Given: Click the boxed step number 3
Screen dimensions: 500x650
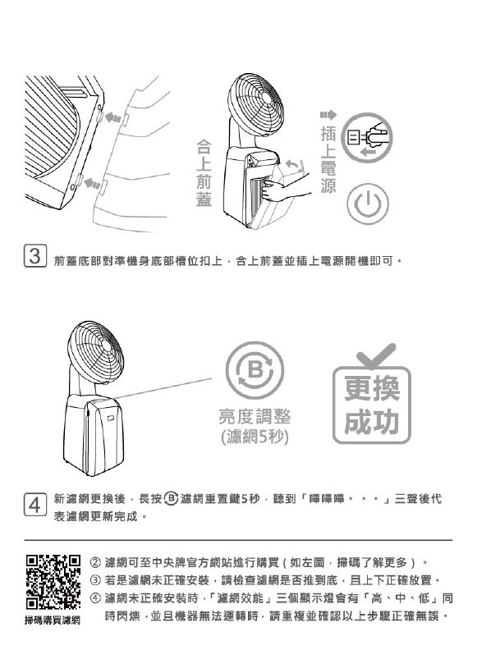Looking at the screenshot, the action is (34, 256).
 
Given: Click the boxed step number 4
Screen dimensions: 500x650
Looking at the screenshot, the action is (34, 505).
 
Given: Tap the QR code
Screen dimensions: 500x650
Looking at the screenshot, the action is (53, 582).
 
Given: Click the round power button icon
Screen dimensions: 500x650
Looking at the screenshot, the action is (367, 204).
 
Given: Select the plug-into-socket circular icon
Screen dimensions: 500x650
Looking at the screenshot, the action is (366, 137).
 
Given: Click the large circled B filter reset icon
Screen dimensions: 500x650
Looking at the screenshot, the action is (255, 370).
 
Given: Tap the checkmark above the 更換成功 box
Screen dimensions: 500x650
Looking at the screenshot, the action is (376, 355).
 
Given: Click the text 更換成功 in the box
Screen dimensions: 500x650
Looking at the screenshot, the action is (372, 405).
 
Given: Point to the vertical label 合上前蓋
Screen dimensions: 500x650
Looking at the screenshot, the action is (204, 173).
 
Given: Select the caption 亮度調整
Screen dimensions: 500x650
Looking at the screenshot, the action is (255, 416).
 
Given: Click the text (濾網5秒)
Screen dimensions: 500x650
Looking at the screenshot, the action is (255, 437).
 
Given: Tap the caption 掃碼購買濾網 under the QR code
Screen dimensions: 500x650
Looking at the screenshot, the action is (53, 620).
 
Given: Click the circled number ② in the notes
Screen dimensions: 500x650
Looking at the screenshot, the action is (95, 562).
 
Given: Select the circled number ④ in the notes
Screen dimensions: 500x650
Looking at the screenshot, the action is (95, 598).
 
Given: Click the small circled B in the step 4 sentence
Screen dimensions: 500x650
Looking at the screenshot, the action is (172, 498).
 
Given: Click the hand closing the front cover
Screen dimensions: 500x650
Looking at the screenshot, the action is (285, 186).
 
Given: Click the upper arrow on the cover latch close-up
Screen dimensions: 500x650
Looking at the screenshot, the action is (112, 117).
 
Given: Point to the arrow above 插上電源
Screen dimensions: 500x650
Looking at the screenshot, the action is (328, 115).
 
